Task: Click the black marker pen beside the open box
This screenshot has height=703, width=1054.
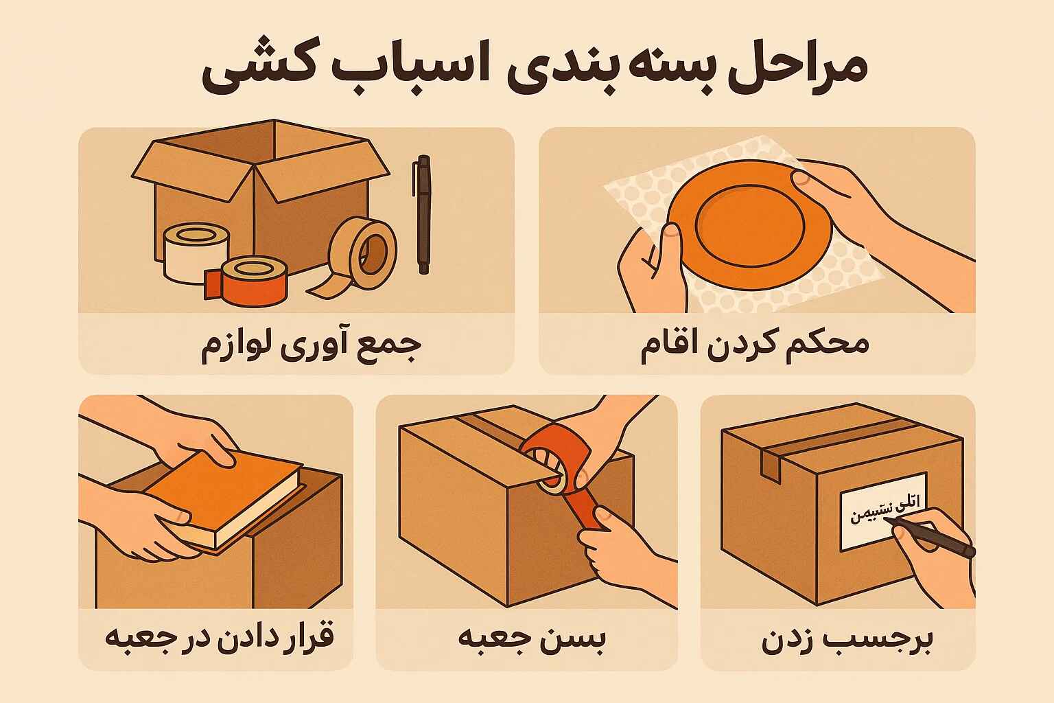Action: click(423, 215)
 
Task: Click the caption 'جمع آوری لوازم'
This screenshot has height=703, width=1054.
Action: click(310, 345)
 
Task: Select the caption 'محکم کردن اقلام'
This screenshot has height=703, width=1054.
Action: click(755, 344)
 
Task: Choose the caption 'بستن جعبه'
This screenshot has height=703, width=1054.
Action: click(532, 639)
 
